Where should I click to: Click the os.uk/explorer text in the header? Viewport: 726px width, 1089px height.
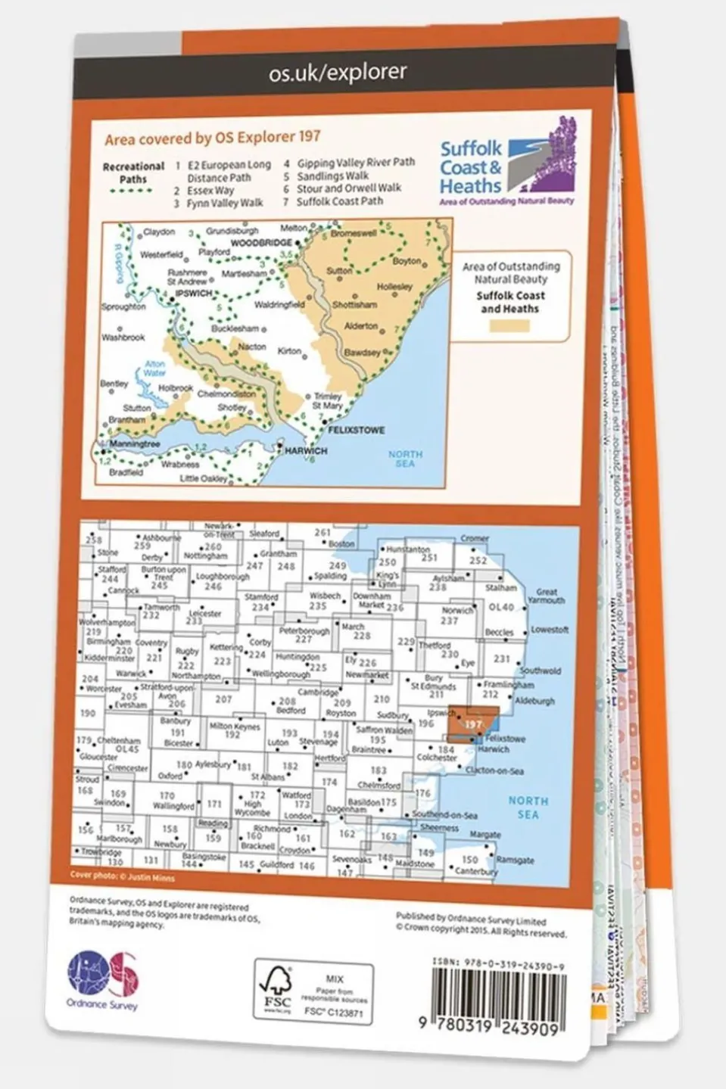click(338, 73)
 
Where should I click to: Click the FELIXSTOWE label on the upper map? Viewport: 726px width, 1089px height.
click(356, 430)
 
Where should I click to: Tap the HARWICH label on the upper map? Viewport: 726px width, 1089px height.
click(306, 451)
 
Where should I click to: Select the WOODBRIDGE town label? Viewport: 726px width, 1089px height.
click(261, 243)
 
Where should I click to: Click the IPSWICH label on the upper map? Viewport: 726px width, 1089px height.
click(193, 292)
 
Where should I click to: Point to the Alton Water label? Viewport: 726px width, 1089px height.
click(154, 369)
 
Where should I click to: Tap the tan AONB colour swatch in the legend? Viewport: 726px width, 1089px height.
click(509, 326)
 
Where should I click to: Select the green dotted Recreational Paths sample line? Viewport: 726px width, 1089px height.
click(131, 191)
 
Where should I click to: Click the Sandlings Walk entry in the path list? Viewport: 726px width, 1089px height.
click(332, 176)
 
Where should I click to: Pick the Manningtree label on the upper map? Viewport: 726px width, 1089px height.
click(134, 444)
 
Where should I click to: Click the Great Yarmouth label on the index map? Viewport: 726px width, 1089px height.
click(546, 596)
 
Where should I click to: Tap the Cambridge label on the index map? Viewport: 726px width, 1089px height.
click(317, 692)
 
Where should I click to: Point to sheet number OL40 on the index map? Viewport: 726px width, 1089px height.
click(500, 607)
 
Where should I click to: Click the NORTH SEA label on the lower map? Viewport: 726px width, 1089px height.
click(528, 807)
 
